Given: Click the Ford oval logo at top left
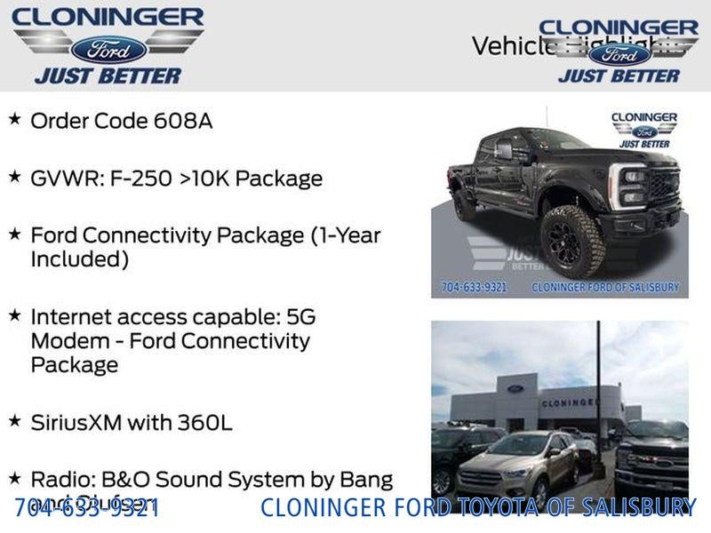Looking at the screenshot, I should coord(108,49).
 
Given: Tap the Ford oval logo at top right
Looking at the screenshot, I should coord(619,53).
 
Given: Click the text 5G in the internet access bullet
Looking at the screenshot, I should coord(298,317).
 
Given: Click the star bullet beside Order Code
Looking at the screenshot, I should coord(14,118).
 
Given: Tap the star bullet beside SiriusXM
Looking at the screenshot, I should coord(14,419).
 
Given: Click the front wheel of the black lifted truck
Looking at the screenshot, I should coord(572,240).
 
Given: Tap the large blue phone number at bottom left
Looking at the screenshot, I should coord(87,508).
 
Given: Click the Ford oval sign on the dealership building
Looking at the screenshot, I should coord(515,388).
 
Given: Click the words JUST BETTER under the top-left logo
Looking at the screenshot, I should coord(108,76).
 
